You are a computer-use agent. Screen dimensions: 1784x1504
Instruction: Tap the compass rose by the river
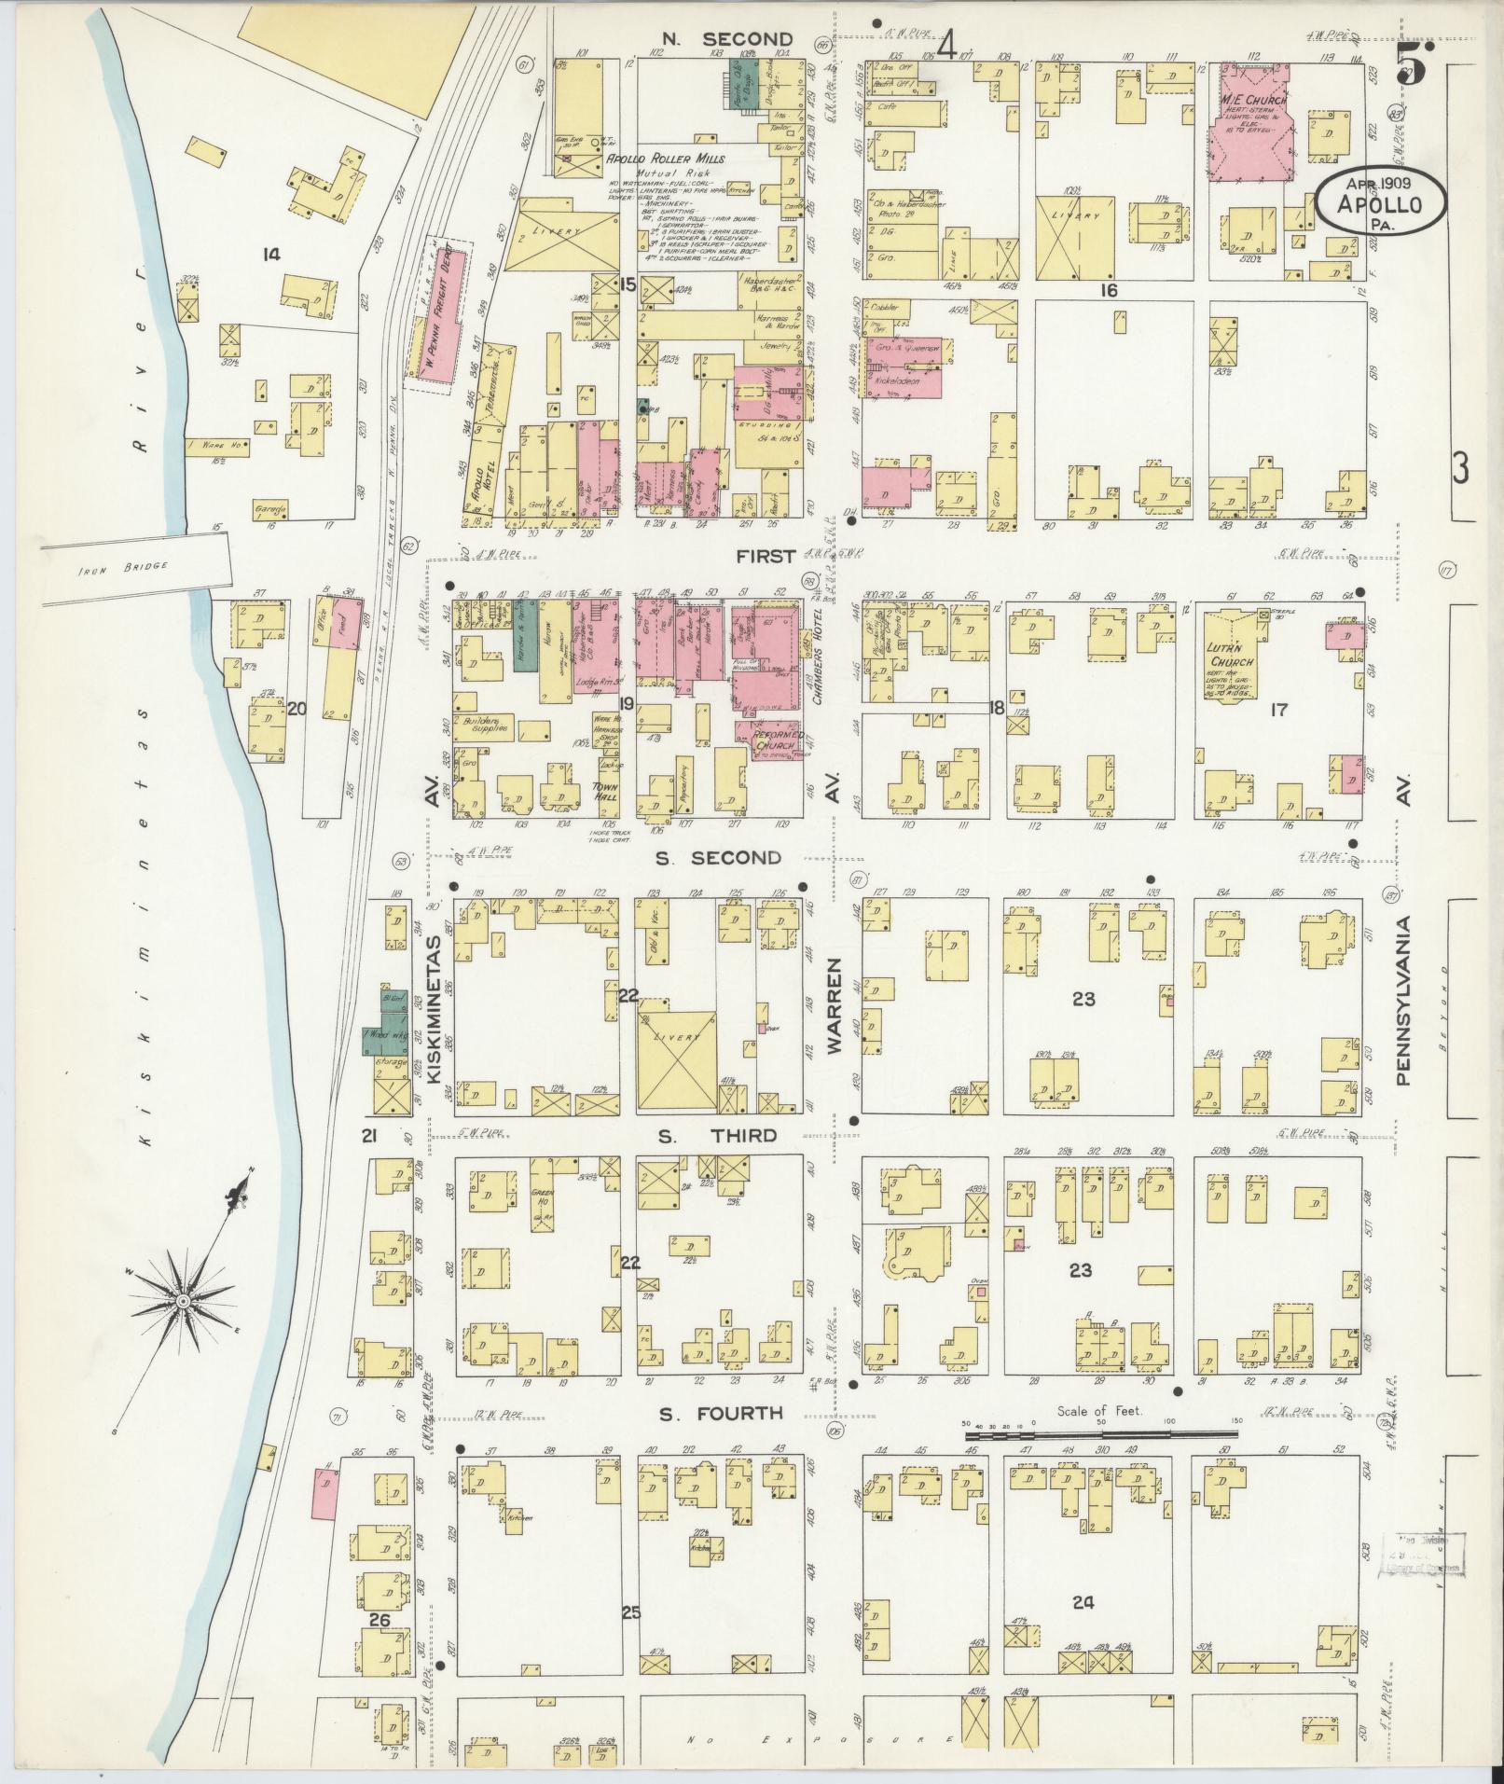185,1299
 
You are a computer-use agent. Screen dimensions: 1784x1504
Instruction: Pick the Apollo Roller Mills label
666,159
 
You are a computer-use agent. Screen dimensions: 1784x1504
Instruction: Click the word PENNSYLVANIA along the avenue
1404,1000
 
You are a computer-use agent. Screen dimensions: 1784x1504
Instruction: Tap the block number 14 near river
271,254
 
